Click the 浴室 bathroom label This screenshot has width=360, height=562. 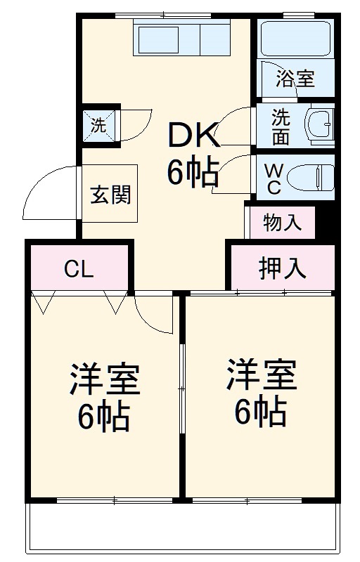click(295, 78)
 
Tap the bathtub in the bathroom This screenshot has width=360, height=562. click(295, 40)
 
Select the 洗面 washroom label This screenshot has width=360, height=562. click(281, 126)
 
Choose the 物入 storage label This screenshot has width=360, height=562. click(283, 223)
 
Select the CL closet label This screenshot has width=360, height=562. click(79, 268)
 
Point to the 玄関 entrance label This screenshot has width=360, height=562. click(111, 193)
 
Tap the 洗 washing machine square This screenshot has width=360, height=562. click(99, 126)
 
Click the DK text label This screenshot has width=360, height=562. click(193, 136)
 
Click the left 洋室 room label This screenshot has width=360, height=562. click(104, 380)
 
